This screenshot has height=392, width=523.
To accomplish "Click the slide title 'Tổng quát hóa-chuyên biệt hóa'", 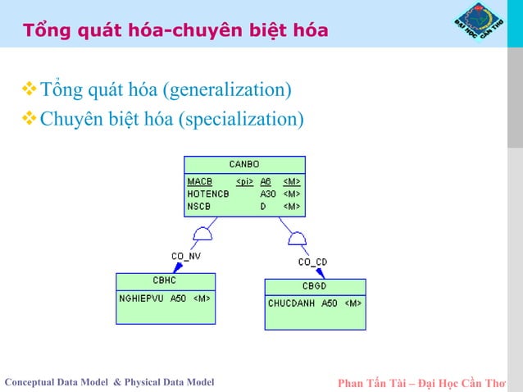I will [175, 31].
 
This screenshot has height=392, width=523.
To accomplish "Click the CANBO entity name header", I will [244, 165].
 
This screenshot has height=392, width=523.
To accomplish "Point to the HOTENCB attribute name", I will [208, 194].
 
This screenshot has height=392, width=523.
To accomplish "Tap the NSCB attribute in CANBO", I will [200, 207].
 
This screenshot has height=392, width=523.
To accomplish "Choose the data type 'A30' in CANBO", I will [267, 194].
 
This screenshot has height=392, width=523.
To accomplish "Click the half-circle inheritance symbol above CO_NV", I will [202, 236].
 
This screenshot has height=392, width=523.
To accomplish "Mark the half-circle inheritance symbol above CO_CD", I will [297, 239].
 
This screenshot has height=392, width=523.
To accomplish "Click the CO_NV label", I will [186, 256].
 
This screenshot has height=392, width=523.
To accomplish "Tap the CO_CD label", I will [312, 262].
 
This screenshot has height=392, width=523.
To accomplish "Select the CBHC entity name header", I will [165, 280].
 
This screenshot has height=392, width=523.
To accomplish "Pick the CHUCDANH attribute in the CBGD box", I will [291, 303].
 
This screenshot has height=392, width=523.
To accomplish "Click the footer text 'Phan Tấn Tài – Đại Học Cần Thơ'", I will [421, 382].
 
